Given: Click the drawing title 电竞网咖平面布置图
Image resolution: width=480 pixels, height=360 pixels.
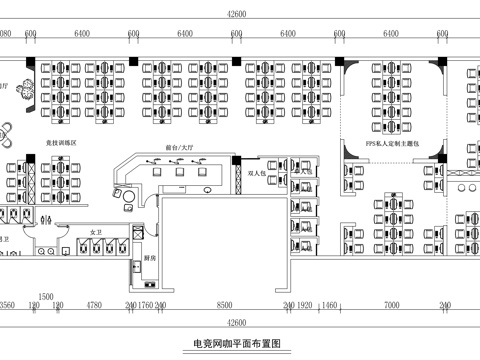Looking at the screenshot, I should point(237,343).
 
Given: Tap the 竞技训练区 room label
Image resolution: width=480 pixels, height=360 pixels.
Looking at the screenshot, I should point(60,144).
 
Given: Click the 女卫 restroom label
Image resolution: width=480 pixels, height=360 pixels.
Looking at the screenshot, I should point(97,231).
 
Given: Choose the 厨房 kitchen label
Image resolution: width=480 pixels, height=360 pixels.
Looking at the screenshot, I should point(148,257).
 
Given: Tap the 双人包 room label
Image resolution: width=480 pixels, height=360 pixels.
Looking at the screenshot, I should point(258,173).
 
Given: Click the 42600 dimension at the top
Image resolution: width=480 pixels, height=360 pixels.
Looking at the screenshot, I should point(237,13).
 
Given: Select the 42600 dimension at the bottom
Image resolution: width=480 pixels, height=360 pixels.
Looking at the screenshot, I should point(237,322).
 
